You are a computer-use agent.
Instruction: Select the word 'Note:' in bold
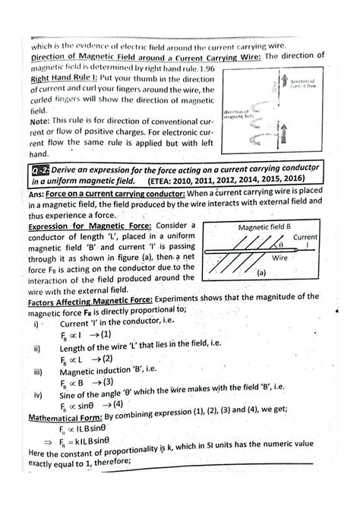tap(43, 121)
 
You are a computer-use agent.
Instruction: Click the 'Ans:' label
tap(38, 194)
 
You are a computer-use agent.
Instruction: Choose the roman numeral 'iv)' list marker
tap(36, 394)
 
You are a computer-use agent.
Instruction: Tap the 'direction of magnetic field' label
tap(239, 115)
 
